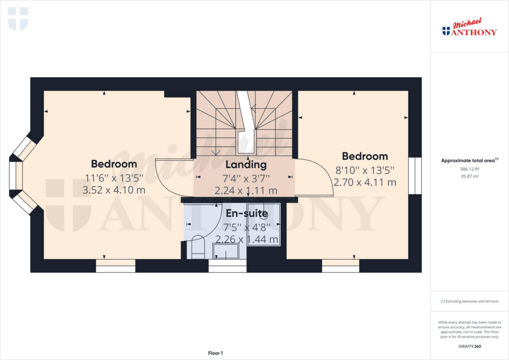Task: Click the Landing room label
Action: pos(246,164)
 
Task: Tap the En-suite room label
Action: pos(247,214)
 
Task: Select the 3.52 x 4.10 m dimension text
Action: pos(113,189)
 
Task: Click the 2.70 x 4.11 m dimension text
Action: pos(365,182)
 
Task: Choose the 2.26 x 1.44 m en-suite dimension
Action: pos(247,239)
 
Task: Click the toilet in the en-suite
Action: pos(197,247)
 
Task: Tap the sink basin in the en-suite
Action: pos(227,252)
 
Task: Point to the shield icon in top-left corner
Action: pos(18,18)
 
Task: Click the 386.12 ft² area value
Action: pos(469,169)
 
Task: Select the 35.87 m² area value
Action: pos(469,176)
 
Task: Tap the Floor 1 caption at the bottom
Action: pos(215,353)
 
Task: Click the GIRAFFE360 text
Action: pos(470,346)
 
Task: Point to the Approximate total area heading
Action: pos(469,160)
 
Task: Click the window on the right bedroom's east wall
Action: pos(415,176)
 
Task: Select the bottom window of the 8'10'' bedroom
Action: pos(340,266)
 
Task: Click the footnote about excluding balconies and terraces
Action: pos(469,301)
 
